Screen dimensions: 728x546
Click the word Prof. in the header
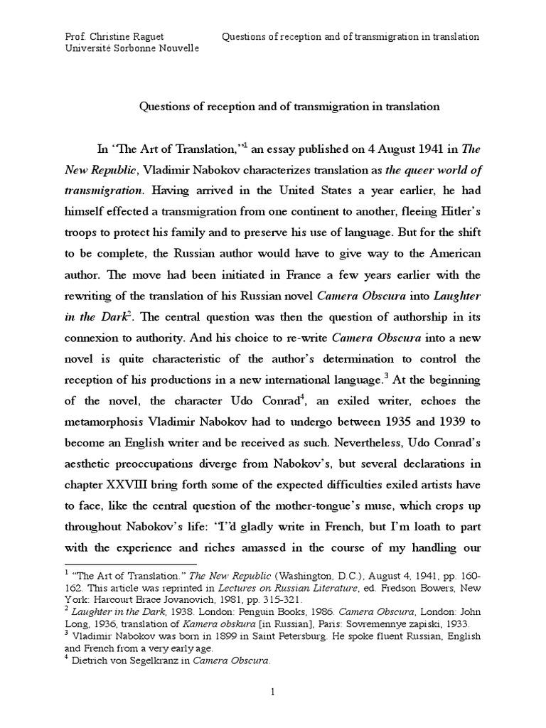tap(75, 36)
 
